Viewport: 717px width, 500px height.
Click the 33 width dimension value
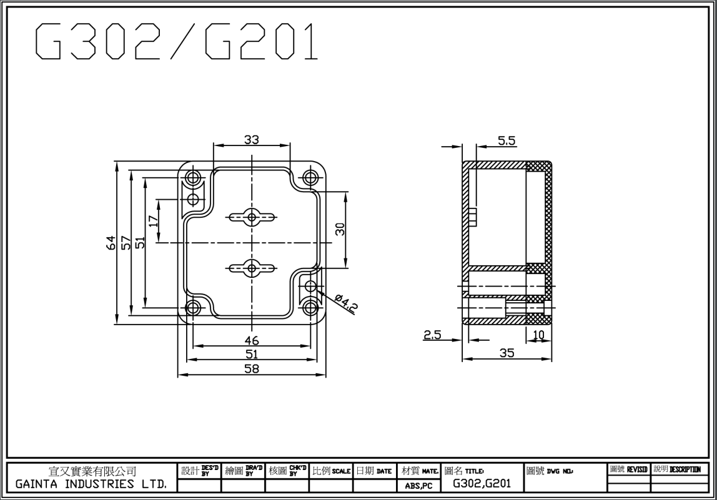coord(252,140)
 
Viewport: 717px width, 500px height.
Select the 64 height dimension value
coord(110,243)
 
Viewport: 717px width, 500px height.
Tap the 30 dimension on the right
coord(340,229)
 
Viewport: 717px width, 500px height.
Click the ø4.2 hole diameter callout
coord(345,305)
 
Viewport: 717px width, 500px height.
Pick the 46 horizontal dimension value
coord(252,341)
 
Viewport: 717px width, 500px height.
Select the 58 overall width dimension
coord(252,368)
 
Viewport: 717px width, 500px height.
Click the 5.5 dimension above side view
coord(507,141)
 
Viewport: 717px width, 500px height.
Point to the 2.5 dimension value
coord(432,335)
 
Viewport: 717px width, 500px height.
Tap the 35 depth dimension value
coord(507,353)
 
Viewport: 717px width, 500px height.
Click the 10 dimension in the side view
coord(538,335)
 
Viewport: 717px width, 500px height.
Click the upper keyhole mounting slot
coord(252,217)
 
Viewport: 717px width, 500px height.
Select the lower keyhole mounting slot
coord(252,269)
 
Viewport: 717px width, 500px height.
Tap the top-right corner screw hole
coord(310,177)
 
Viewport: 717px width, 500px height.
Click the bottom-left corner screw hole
coord(194,308)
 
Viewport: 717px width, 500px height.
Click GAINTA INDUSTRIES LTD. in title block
coord(92,484)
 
